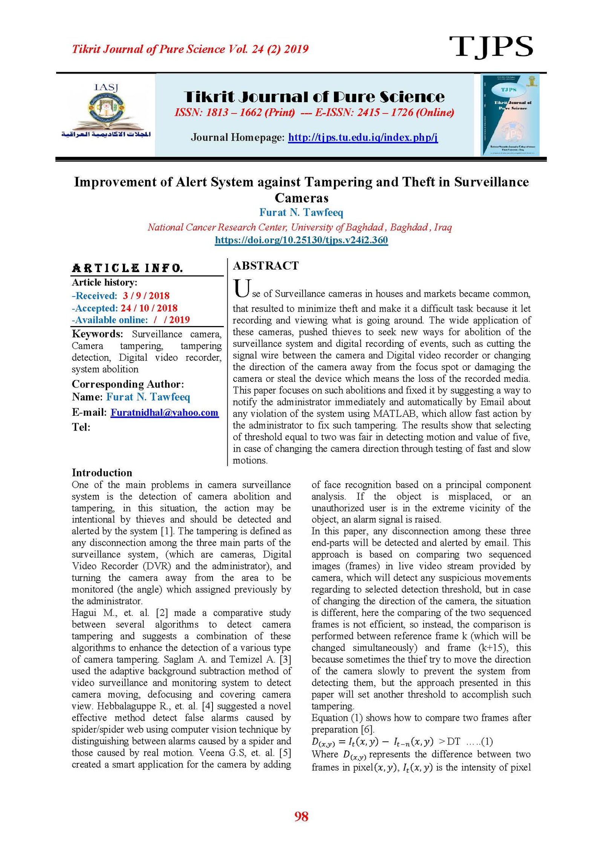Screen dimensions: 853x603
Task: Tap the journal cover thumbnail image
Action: pyautogui.click(x=510, y=115)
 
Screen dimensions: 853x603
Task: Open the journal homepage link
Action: pyautogui.click(x=363, y=137)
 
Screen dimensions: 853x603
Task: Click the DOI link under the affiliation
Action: pyautogui.click(x=301, y=240)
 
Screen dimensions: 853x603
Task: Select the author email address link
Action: pyautogui.click(x=164, y=412)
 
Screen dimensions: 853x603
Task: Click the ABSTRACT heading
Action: pyautogui.click(x=266, y=266)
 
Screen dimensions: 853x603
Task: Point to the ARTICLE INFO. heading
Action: pyautogui.click(x=127, y=268)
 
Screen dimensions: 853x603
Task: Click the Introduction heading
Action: pyautogui.click(x=102, y=473)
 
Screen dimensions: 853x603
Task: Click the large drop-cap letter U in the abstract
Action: pyautogui.click(x=241, y=289)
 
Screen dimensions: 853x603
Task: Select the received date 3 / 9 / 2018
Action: pyautogui.click(x=146, y=296)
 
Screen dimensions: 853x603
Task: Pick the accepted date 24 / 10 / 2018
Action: pyautogui.click(x=149, y=308)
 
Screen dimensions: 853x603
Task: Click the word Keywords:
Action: pyautogui.click(x=97, y=334)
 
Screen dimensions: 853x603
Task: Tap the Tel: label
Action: pyautogui.click(x=81, y=427)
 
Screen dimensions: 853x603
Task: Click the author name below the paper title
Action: pyautogui.click(x=301, y=213)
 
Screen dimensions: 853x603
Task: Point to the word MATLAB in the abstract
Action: pyautogui.click(x=395, y=413)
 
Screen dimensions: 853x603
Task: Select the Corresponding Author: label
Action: pyautogui.click(x=128, y=384)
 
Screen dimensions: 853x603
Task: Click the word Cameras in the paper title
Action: pyautogui.click(x=301, y=198)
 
